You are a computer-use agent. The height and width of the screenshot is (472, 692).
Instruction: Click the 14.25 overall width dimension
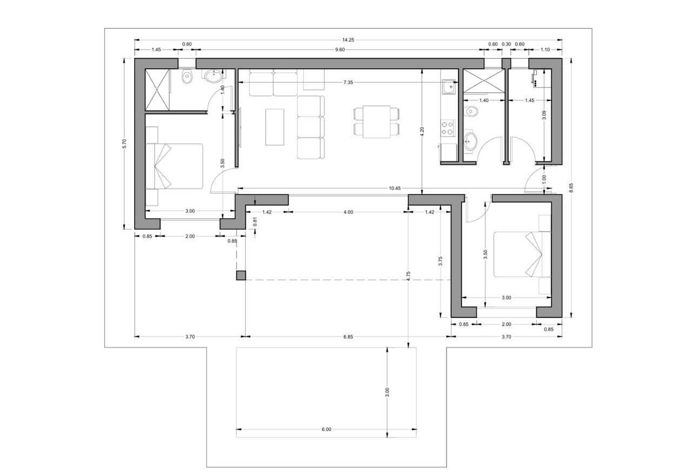[x=348, y=40]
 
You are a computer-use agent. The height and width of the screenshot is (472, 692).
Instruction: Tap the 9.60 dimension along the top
[x=340, y=50]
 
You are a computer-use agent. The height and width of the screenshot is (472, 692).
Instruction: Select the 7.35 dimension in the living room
[x=348, y=83]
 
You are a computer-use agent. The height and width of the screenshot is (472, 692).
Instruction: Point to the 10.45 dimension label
[x=395, y=188]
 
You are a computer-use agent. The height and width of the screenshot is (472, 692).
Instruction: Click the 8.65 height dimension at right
[x=571, y=188]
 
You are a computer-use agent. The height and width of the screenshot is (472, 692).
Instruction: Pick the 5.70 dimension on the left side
[x=124, y=144]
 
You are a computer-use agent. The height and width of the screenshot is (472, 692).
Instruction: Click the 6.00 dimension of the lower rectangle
[x=326, y=429]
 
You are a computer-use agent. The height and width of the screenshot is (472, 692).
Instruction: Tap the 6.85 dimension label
[x=348, y=337]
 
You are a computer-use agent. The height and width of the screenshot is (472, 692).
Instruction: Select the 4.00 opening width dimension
[x=348, y=212]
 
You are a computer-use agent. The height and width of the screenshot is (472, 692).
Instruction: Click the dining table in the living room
[x=376, y=122]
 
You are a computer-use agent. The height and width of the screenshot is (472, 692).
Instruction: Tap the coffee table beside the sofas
[x=275, y=127]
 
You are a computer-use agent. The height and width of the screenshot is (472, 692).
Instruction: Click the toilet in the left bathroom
[x=187, y=77]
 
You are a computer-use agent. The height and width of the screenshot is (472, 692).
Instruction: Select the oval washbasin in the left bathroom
[x=214, y=76]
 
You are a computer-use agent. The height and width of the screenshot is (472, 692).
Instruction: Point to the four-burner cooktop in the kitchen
[x=448, y=128]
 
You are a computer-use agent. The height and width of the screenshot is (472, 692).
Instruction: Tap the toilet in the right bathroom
[x=471, y=111]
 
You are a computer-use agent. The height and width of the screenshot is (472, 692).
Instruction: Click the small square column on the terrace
[x=241, y=275]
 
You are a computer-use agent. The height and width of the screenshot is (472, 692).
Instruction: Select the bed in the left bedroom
[x=174, y=166]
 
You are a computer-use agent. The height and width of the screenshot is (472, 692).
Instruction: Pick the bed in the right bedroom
[x=522, y=254]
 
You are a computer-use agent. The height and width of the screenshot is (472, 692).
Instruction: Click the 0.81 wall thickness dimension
[x=255, y=222]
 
